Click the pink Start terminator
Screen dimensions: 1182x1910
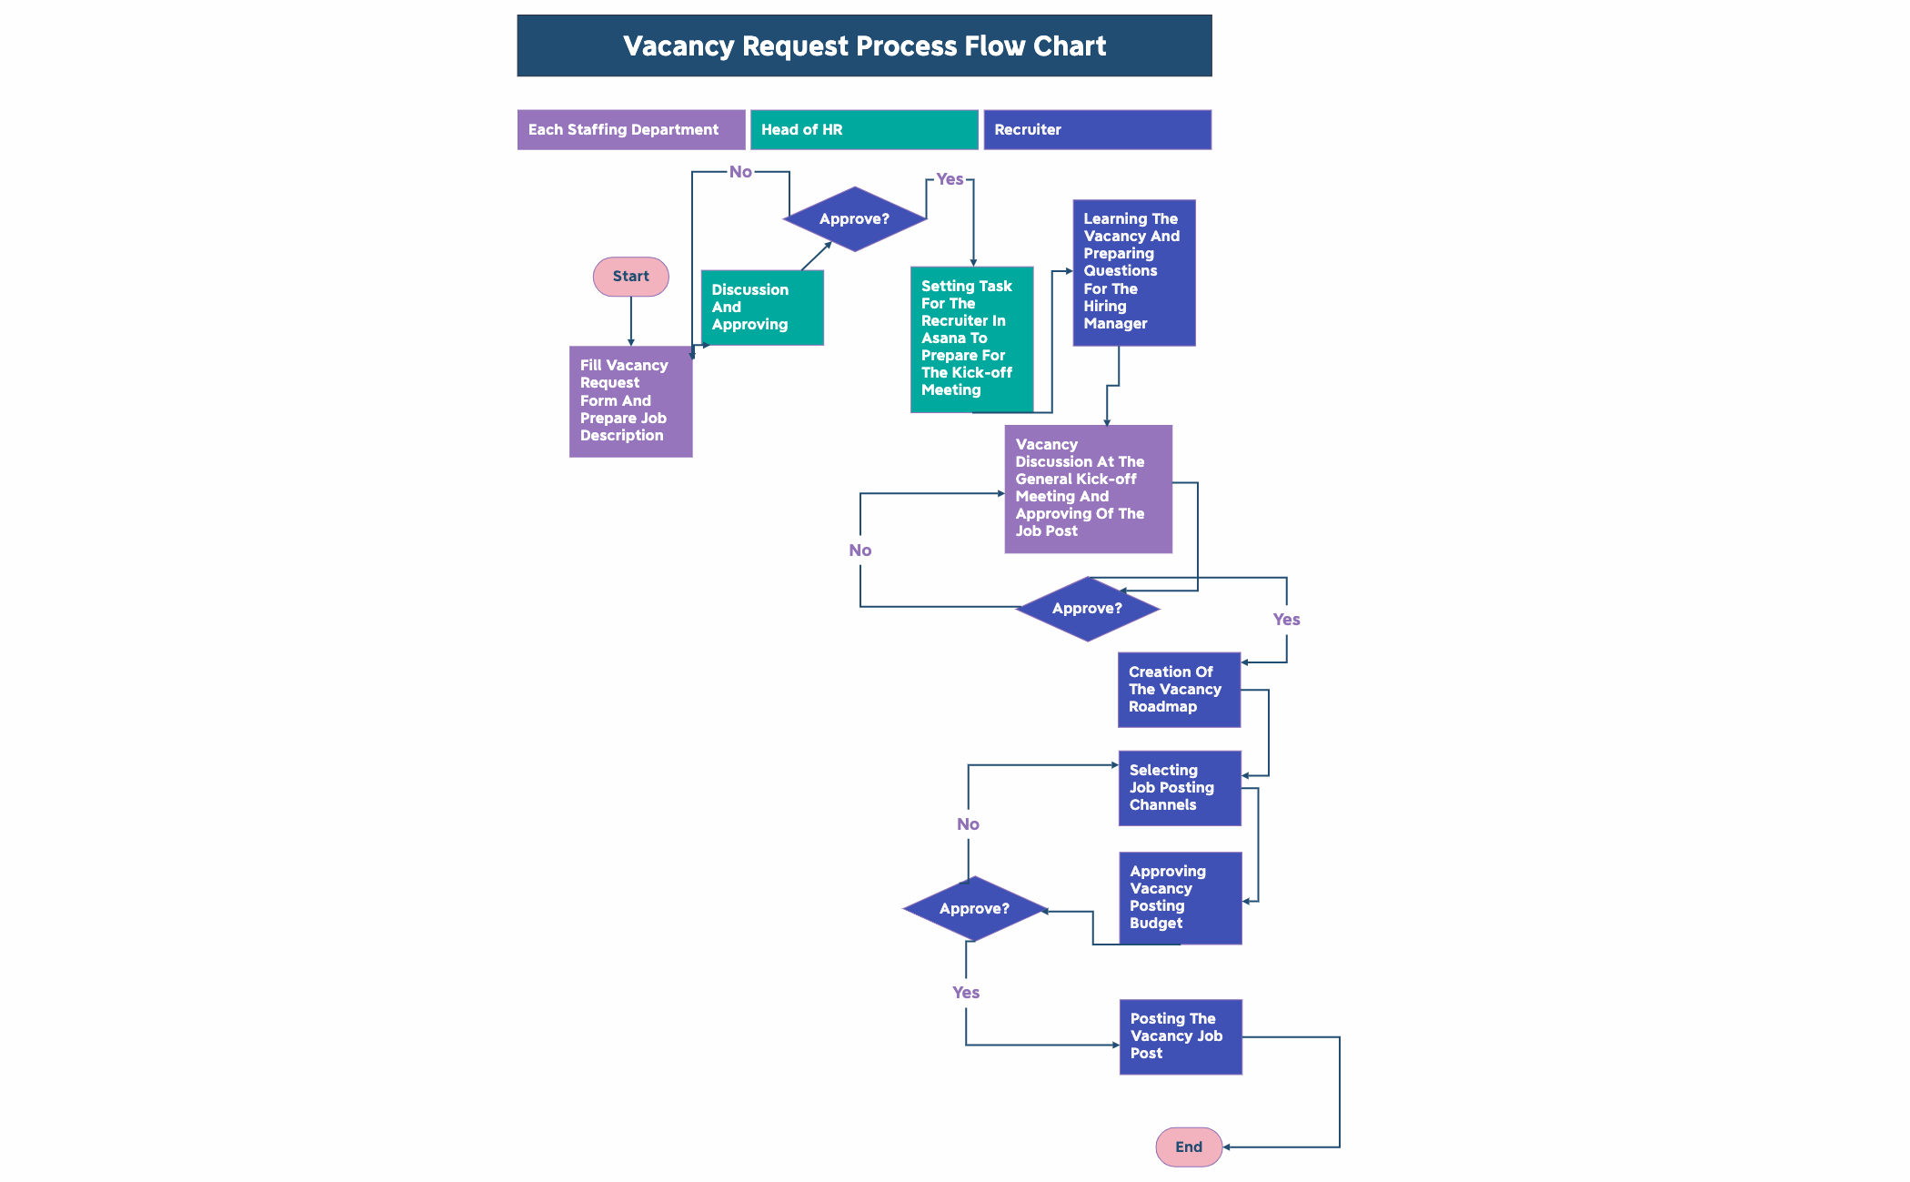click(630, 277)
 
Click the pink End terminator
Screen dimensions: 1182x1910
click(1188, 1147)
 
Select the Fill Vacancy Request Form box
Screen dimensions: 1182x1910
click(630, 401)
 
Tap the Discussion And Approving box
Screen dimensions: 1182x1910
click(761, 308)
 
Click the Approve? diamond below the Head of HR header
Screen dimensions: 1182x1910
click(854, 219)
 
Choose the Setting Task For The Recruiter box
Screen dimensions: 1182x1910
click(971, 338)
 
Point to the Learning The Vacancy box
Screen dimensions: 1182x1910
click(1133, 272)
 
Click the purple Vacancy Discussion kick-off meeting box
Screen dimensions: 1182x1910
click(1088, 489)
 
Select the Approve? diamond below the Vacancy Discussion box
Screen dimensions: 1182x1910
click(1087, 609)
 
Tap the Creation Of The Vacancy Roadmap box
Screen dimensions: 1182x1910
click(1179, 690)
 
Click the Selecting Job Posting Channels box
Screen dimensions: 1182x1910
click(1179, 788)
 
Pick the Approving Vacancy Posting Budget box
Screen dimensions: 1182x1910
click(1180, 897)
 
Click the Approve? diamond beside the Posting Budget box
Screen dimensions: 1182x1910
click(974, 909)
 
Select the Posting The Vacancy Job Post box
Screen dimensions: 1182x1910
click(1180, 1036)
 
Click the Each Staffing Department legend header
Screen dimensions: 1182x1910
click(630, 130)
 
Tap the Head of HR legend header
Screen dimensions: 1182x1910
click(863, 130)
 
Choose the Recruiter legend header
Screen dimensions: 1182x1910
click(1096, 130)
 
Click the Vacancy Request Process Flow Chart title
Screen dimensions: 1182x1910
click(864, 45)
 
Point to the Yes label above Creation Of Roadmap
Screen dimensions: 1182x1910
click(1286, 620)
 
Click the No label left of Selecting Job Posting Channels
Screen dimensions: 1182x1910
click(968, 824)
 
